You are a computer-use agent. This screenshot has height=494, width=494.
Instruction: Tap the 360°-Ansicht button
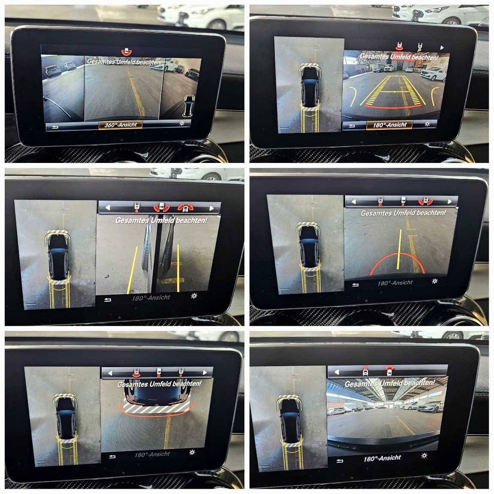click(120, 125)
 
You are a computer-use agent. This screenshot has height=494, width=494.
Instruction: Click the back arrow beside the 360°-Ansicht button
click(55, 127)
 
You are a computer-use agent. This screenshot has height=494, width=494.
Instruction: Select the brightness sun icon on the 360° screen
click(182, 123)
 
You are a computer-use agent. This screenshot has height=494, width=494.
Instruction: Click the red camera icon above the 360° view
click(127, 51)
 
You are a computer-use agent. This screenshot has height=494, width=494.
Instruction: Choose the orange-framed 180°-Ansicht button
click(389, 125)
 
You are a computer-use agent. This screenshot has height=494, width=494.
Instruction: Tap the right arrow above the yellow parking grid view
click(442, 48)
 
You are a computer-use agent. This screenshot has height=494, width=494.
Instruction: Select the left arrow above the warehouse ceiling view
click(337, 372)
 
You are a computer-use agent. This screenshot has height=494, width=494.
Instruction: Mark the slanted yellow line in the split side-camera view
click(133, 270)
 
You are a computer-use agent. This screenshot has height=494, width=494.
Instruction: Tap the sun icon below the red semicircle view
click(435, 281)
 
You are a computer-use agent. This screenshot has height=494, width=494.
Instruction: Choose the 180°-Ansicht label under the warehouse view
click(382, 458)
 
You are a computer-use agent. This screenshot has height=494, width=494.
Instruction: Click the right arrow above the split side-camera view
click(211, 208)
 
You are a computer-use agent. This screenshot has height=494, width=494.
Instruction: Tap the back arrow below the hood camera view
click(112, 457)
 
